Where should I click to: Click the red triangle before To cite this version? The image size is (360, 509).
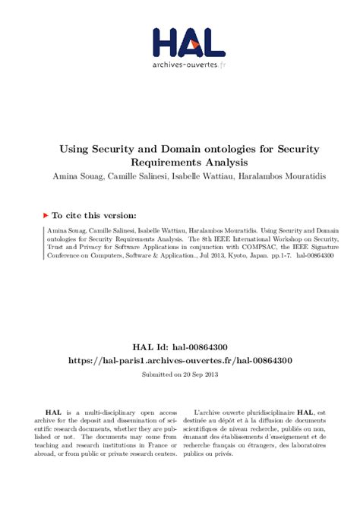coord(46,215)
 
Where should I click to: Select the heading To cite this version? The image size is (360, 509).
coord(94,215)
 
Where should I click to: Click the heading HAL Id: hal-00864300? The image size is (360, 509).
coord(179,346)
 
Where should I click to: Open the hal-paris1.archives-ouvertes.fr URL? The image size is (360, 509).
coord(180,360)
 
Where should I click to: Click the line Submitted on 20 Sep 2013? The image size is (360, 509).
coord(179,375)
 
